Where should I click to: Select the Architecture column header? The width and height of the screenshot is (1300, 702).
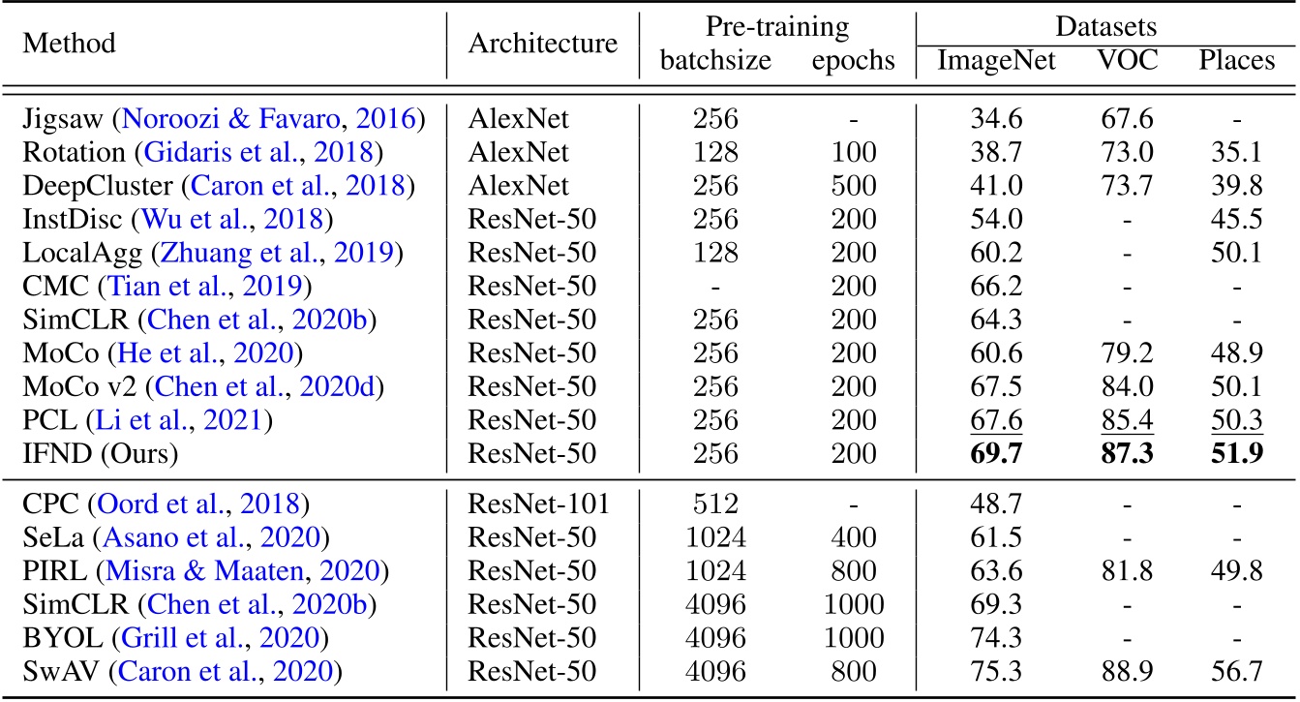click(542, 44)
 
